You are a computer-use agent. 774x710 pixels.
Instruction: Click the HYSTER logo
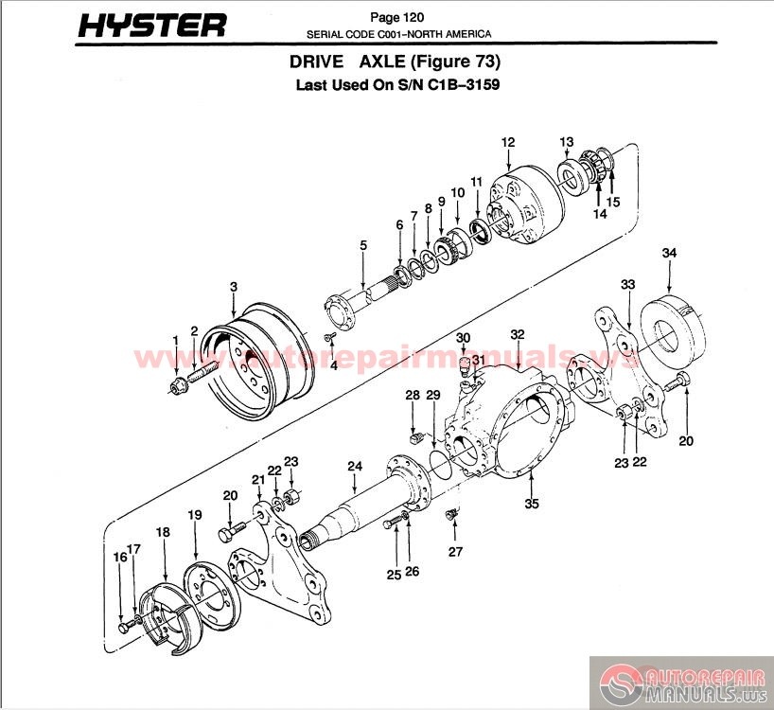152,26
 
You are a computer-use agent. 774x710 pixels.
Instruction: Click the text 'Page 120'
396,17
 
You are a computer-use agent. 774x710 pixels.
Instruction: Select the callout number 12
508,142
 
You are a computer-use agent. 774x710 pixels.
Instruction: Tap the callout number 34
669,253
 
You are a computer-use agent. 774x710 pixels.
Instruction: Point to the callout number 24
355,466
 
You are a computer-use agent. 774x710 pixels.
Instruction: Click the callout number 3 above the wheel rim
234,287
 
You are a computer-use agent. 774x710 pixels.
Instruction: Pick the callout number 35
532,504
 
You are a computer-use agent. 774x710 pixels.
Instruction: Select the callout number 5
363,245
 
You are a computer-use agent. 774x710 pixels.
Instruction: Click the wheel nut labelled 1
177,383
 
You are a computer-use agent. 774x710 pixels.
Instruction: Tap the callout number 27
455,551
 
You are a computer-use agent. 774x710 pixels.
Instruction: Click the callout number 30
463,338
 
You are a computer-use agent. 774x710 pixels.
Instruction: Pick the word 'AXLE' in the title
381,62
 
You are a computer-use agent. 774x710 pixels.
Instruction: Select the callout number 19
195,515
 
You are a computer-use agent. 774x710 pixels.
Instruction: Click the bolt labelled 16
126,627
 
